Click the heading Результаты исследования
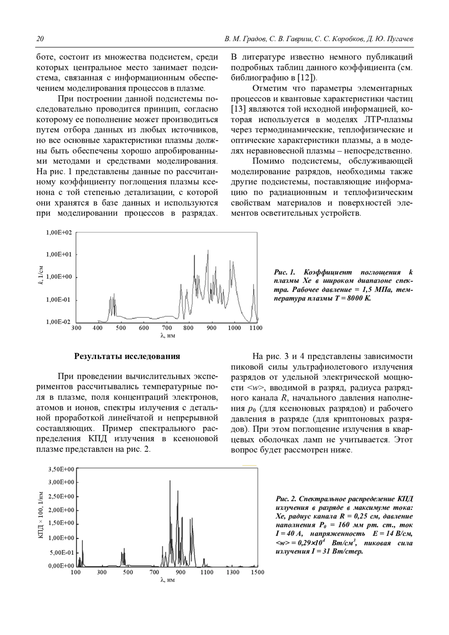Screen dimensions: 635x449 (x=127, y=356)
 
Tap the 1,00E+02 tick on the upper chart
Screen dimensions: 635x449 (x=59, y=233)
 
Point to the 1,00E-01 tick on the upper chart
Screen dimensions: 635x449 (x=58, y=300)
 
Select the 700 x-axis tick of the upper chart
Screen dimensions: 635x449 (x=167, y=328)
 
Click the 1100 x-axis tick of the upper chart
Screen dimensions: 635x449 (x=256, y=328)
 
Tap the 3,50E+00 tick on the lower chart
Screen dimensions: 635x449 (x=61, y=469)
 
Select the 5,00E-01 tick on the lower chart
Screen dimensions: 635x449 (x=62, y=553)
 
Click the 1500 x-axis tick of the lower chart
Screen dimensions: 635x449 (x=257, y=572)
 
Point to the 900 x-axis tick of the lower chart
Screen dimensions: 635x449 (x=180, y=572)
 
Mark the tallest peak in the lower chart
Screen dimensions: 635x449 (x=170, y=481)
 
